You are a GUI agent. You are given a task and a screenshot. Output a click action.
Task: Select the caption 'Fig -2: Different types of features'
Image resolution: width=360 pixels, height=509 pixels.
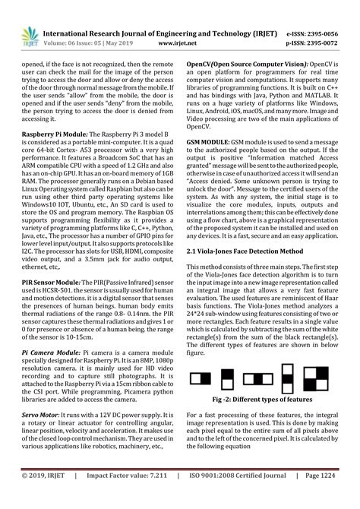click(261, 398)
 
